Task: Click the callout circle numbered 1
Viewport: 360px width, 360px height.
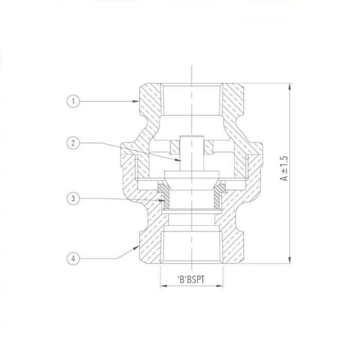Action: coord(74,102)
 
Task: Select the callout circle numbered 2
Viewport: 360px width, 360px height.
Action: coord(74,142)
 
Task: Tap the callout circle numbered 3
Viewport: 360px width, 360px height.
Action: coord(74,197)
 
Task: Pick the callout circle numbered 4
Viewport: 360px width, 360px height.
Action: coord(74,259)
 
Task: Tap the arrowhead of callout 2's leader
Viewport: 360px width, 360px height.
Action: coord(183,161)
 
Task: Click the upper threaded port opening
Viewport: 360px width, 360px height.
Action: coord(192,100)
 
